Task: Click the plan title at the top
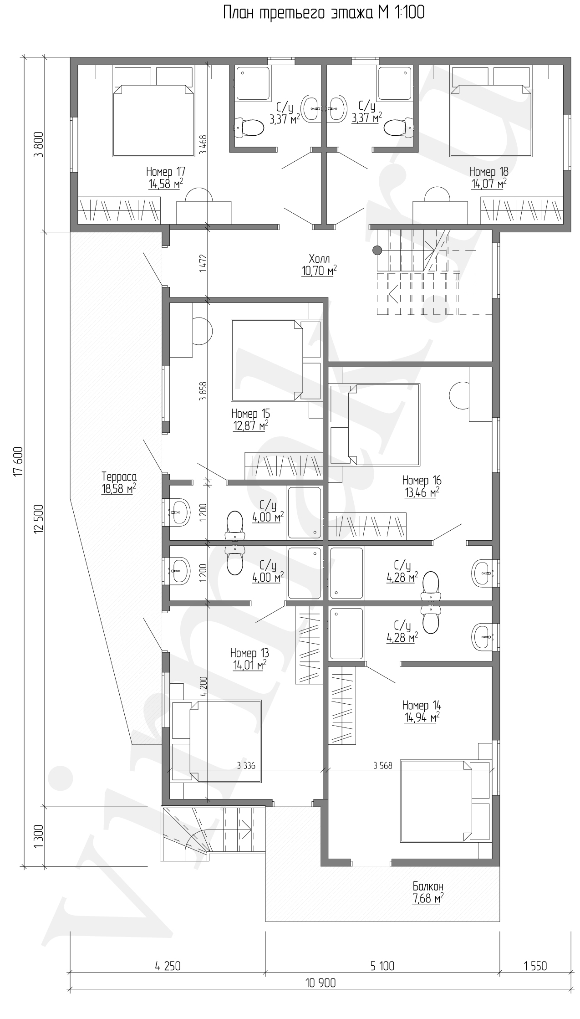324,13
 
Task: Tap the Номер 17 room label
165,172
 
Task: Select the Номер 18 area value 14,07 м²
488,184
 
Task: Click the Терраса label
119,477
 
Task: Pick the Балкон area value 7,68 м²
428,899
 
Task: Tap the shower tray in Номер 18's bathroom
395,83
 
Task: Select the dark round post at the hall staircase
376,250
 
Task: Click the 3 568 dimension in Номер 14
382,766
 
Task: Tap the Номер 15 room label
250,414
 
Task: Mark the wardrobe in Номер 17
120,210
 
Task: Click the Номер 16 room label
422,480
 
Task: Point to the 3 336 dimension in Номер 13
246,766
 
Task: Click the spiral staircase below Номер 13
213,832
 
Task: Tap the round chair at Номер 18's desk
437,195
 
